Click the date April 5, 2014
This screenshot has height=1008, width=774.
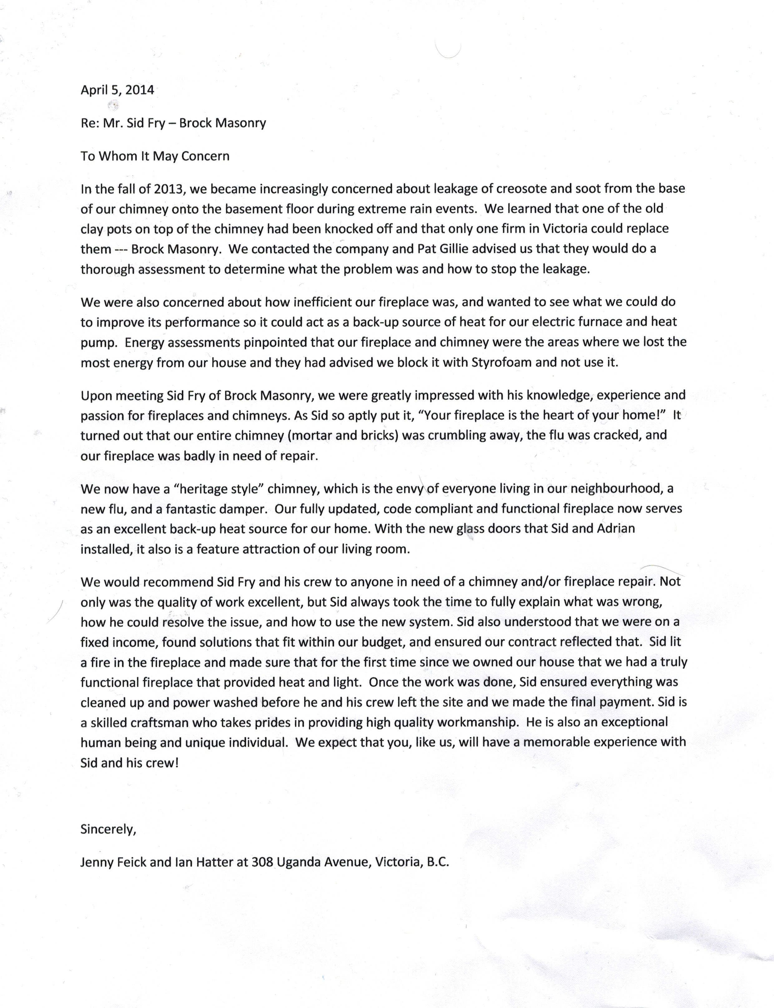click(117, 90)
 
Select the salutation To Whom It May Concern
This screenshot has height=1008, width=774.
click(155, 156)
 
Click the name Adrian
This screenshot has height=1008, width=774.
click(616, 529)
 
